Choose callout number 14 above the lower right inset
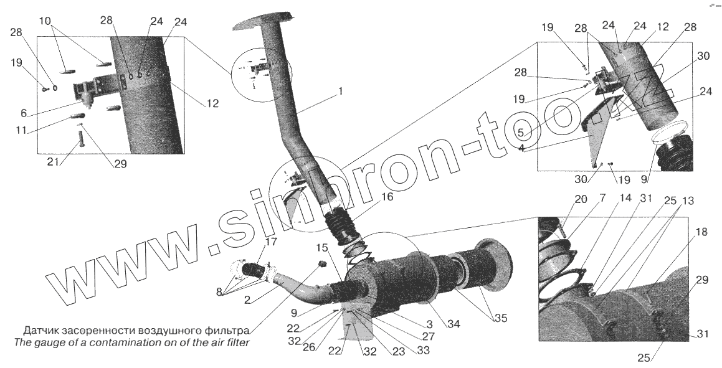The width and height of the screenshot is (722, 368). coord(607,200)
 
